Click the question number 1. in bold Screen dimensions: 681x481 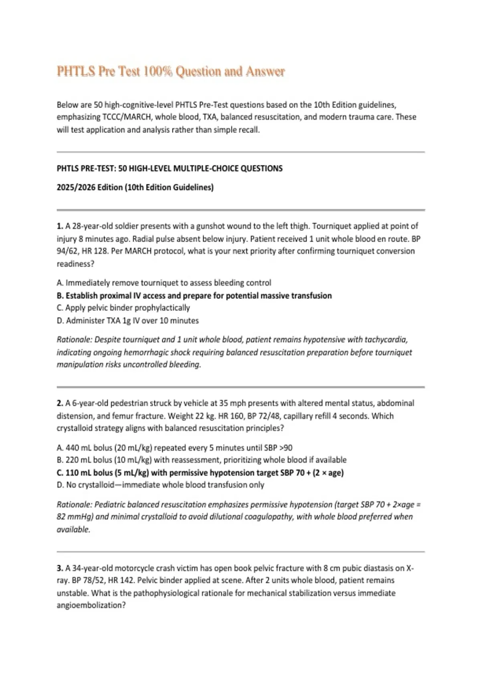pyautogui.click(x=60, y=226)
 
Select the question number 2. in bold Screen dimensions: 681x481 pyautogui.click(x=60, y=403)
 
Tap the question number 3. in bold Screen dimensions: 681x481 pyautogui.click(x=60, y=568)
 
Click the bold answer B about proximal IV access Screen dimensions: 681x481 pyautogui.click(x=194, y=296)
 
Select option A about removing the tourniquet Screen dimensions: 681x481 pyautogui.click(x=164, y=283)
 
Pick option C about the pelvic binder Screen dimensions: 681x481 pyautogui.click(x=123, y=308)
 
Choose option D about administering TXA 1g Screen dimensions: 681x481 pyautogui.click(x=128, y=320)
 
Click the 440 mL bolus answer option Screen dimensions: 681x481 pyautogui.click(x=175, y=447)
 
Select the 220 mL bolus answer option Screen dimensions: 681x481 pyautogui.click(x=202, y=460)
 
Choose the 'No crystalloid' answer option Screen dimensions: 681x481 pyautogui.click(x=161, y=485)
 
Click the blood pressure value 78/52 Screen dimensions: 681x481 pyautogui.click(x=90, y=580)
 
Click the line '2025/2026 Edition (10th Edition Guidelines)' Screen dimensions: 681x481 pyautogui.click(x=135, y=187)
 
